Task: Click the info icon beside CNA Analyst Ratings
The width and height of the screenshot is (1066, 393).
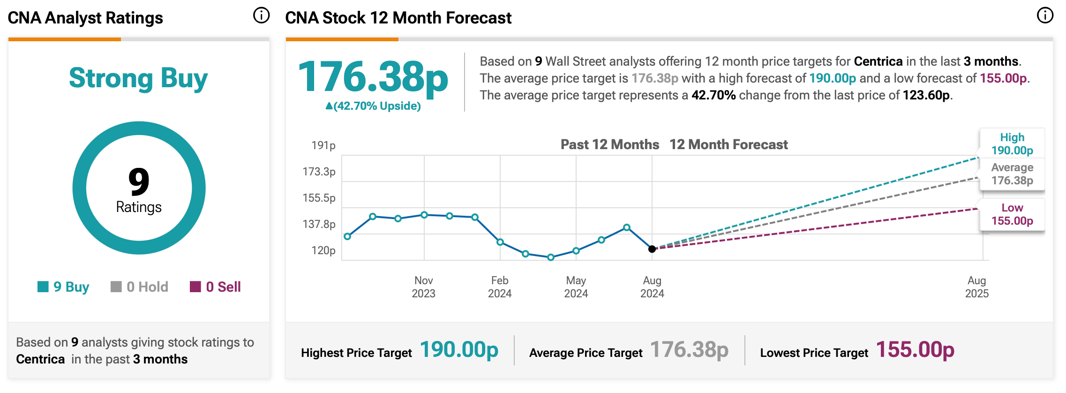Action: point(261,15)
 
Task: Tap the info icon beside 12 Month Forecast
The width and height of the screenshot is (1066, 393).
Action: point(1045,15)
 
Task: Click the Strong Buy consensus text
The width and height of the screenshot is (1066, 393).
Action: point(138,78)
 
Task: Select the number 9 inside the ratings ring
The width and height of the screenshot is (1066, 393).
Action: point(139,182)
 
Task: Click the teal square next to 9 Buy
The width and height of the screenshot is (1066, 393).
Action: point(43,287)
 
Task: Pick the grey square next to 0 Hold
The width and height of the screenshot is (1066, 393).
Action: point(116,287)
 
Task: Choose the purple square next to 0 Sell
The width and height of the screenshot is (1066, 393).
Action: point(195,287)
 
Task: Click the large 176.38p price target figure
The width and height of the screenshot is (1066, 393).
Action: point(373,77)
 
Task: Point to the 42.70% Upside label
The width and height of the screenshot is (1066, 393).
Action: point(373,106)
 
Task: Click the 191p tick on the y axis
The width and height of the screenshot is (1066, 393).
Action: point(323,145)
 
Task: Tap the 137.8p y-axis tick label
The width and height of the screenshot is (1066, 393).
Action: point(319,224)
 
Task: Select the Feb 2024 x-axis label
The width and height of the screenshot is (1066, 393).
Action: point(500,287)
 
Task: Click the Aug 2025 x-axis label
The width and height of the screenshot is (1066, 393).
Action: point(977,287)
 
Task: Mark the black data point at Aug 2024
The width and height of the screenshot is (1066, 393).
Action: point(652,249)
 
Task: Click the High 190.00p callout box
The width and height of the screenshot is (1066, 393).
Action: point(1012,144)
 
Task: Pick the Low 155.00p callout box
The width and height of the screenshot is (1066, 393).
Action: point(1012,214)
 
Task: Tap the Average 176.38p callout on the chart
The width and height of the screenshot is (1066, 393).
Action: point(1012,174)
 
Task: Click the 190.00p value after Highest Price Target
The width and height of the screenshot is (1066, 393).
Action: point(459,350)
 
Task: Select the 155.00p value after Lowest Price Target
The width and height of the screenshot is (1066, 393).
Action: point(915,350)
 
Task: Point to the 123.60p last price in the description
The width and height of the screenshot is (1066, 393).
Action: point(926,95)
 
